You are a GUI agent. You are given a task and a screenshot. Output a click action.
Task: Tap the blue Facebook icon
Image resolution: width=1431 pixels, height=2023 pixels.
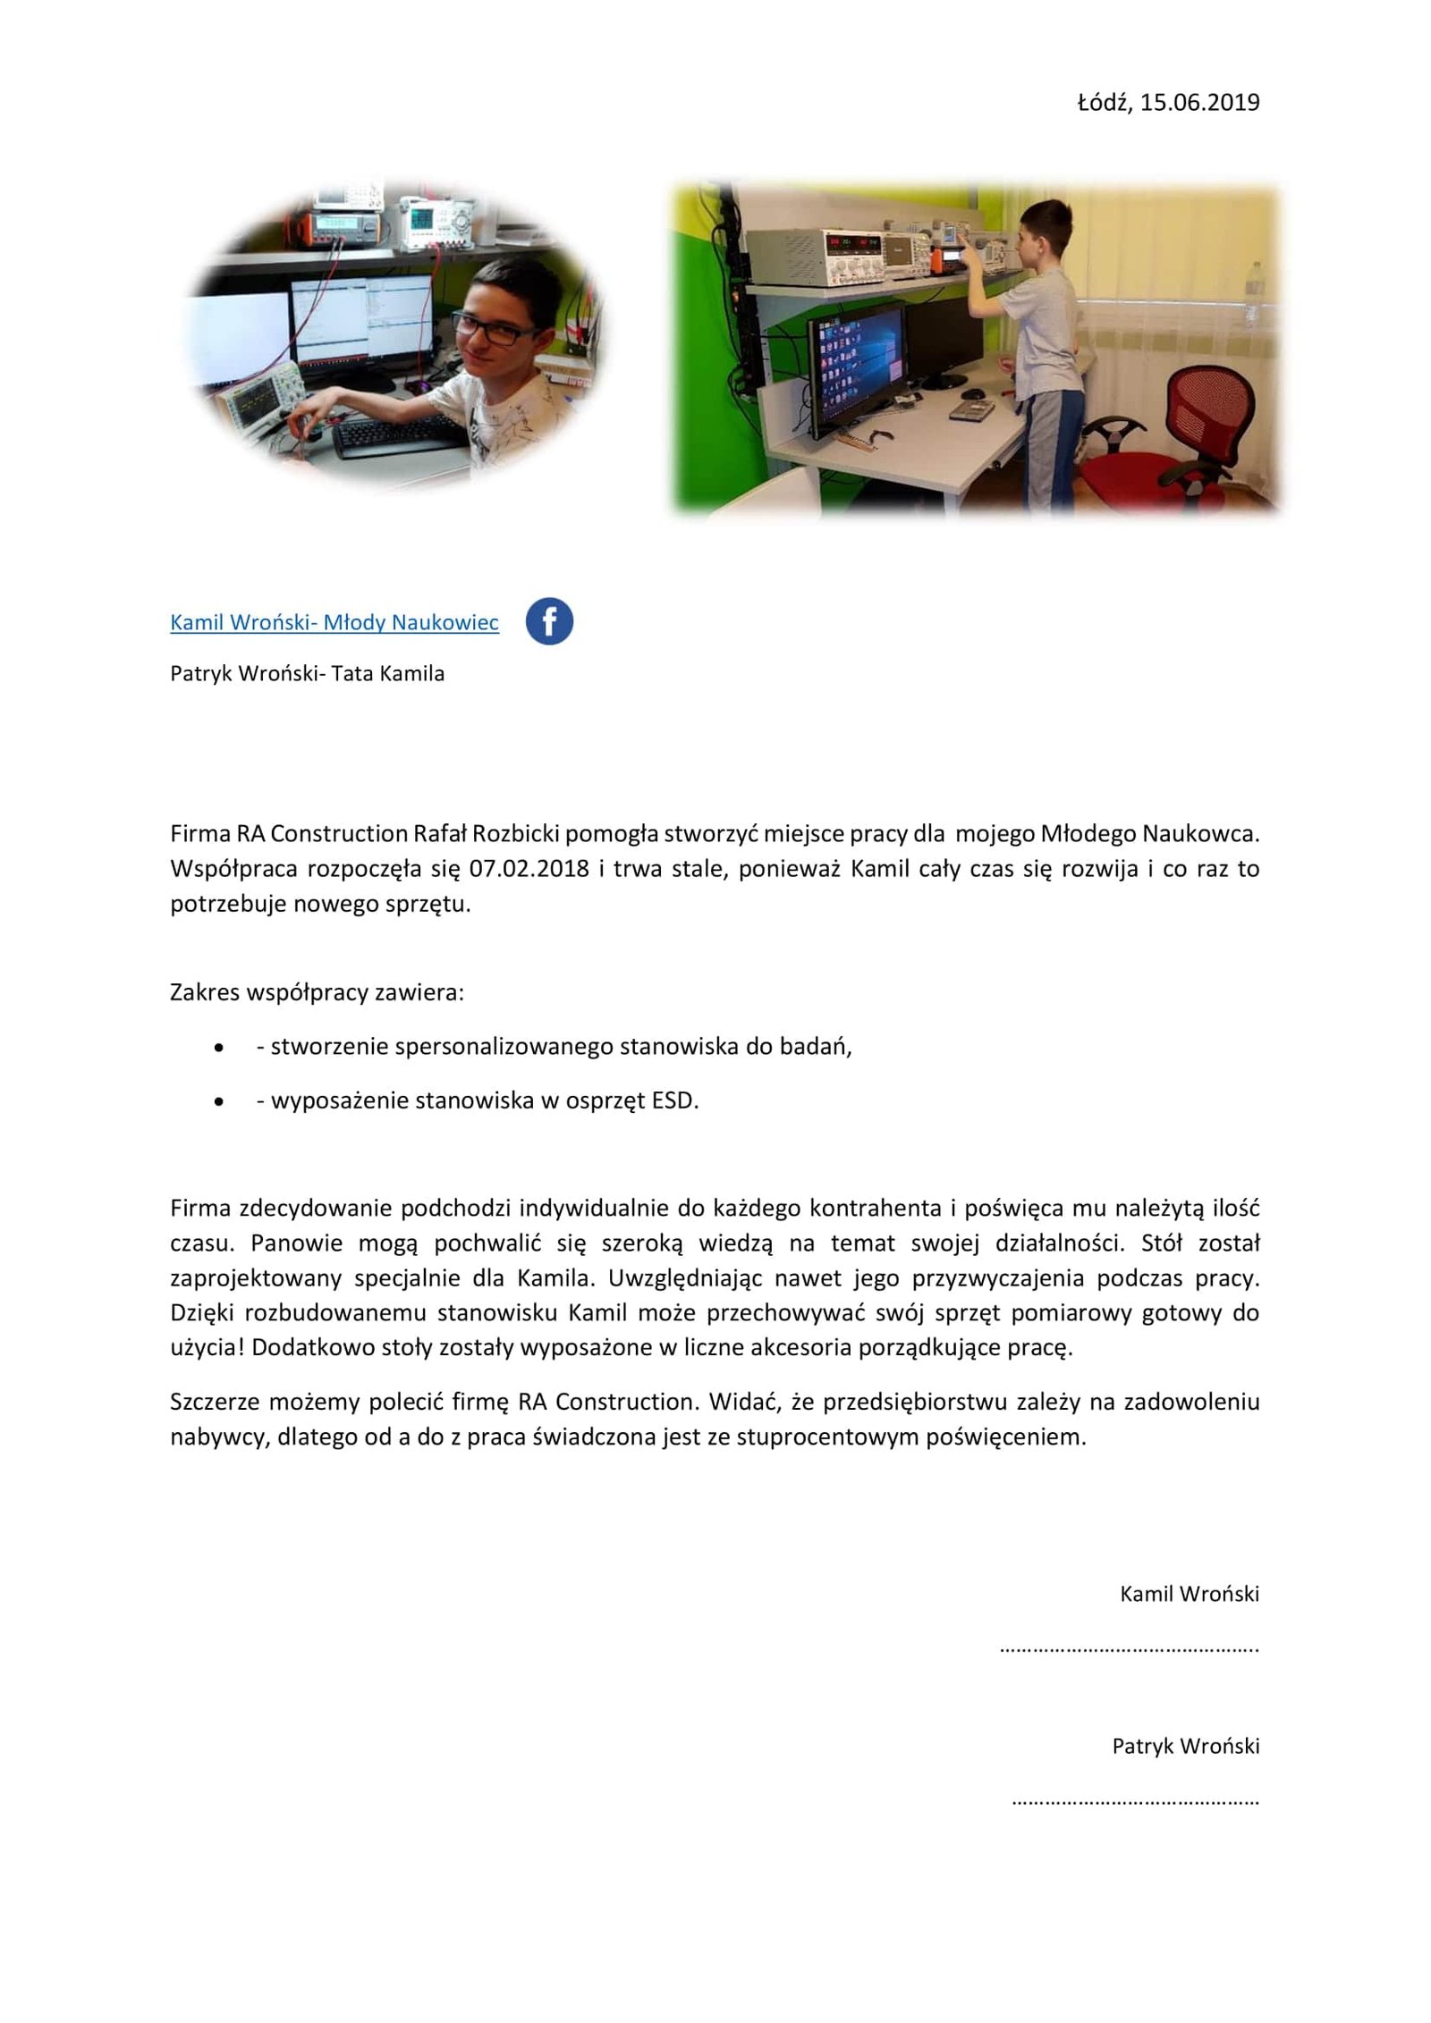(x=548, y=621)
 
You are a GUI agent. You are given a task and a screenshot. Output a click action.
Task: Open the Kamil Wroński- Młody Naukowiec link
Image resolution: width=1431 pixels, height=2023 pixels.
(x=334, y=622)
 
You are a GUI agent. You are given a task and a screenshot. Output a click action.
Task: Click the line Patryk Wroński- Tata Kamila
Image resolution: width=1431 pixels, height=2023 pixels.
(x=307, y=673)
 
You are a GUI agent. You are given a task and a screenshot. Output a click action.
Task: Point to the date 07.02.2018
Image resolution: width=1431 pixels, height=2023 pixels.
(x=529, y=868)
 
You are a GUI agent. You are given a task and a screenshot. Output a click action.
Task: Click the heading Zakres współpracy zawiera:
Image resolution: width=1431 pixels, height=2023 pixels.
(x=317, y=992)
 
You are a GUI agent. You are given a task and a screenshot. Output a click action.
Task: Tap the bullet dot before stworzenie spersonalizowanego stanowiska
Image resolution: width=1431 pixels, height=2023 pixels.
(x=219, y=1048)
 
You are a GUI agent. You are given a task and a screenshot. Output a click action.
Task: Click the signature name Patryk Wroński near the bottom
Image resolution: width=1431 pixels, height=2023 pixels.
(x=1185, y=1746)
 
